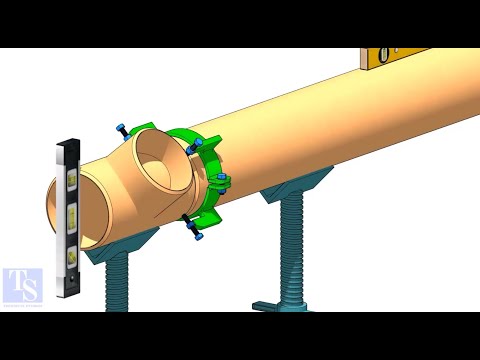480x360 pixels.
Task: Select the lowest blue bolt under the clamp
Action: [197, 236]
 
